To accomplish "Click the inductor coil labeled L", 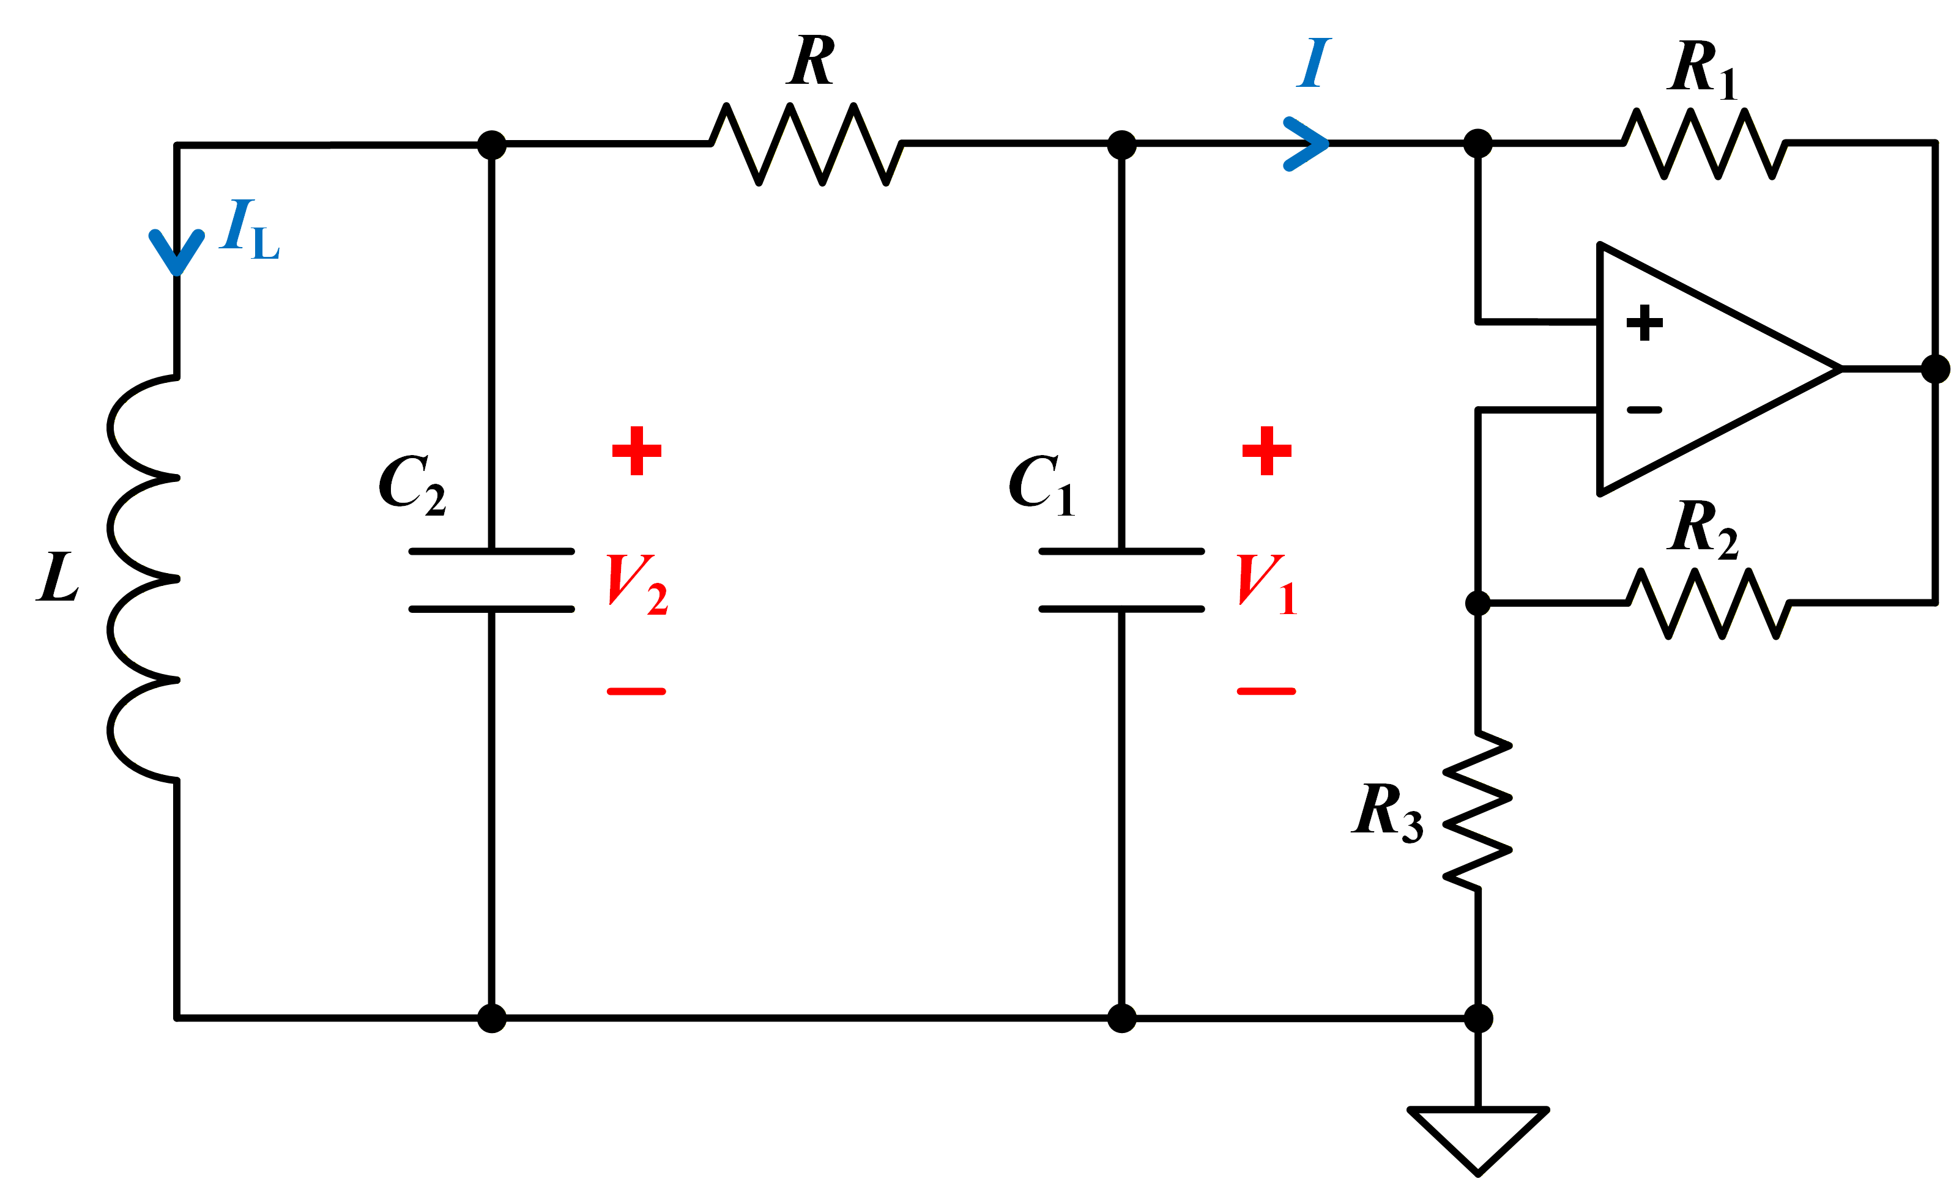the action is click(x=143, y=579).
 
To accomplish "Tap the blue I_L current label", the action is click(x=250, y=229).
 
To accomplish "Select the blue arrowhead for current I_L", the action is click(x=177, y=253).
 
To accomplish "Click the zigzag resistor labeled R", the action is click(x=806, y=144).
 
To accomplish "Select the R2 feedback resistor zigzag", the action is click(x=1708, y=603).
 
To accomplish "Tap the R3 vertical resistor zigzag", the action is click(x=1477, y=810).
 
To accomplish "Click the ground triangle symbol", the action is click(x=1477, y=1140).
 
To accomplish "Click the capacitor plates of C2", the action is click(x=492, y=580).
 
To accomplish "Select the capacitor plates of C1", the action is click(x=1122, y=580).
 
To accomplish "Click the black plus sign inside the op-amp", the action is click(x=1644, y=322).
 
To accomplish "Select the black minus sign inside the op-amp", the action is click(x=1644, y=410).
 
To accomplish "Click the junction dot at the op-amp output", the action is click(x=1935, y=369).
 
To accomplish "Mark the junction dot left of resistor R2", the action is click(x=1477, y=603).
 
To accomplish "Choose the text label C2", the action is click(x=412, y=484).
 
